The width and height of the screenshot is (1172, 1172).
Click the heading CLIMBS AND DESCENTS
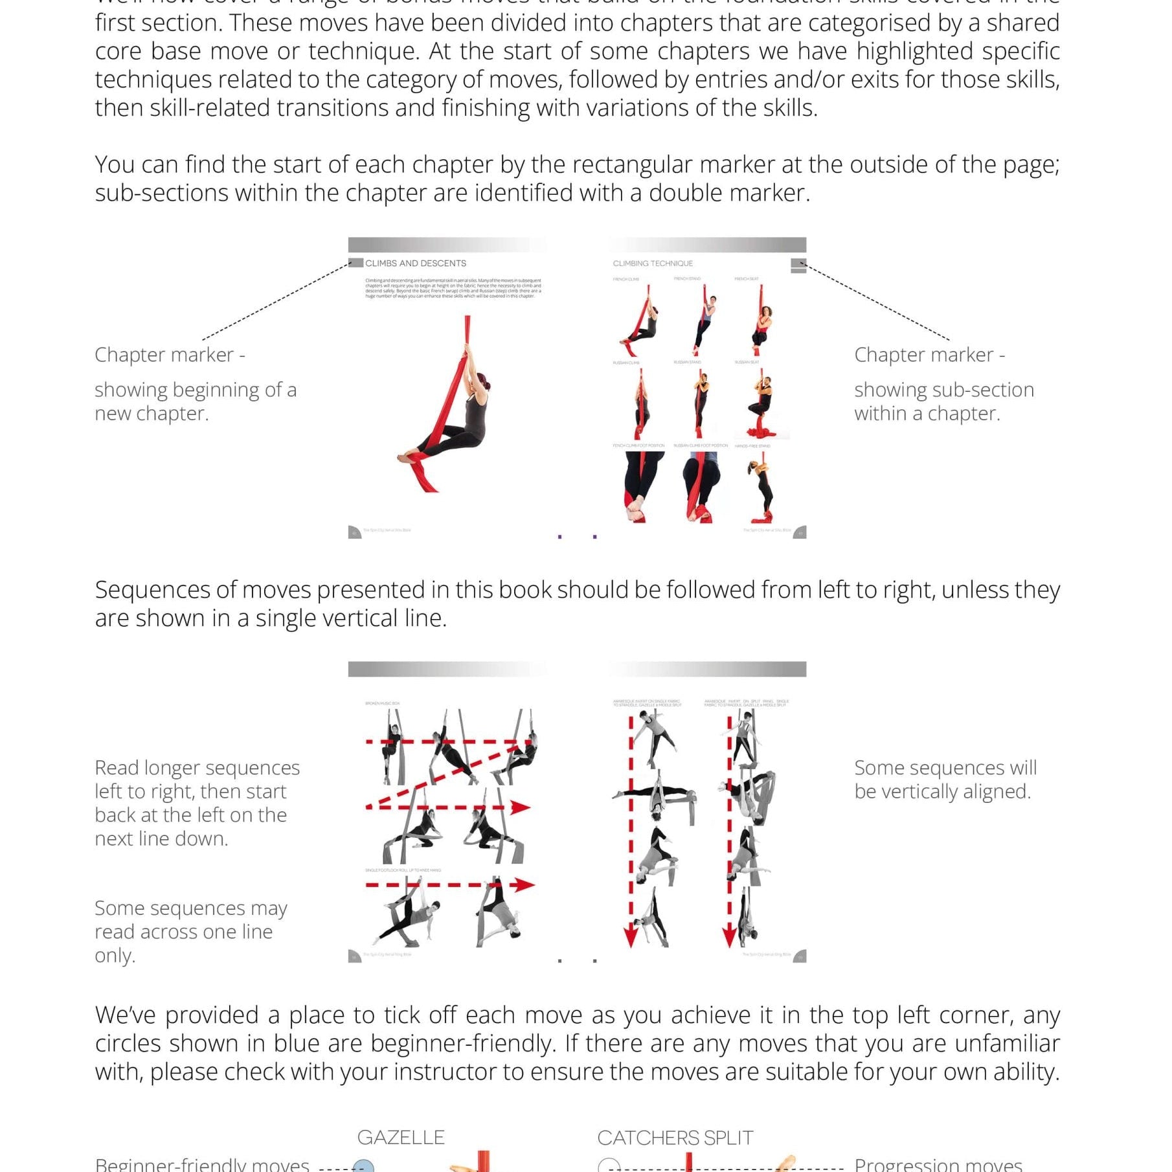415,263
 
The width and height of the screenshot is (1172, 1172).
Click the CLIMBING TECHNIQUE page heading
652,263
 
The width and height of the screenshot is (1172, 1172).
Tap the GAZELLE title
401,1138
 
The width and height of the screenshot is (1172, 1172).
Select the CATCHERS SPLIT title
675,1138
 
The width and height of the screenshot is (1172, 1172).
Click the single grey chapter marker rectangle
355,262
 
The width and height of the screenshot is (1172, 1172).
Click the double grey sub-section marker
798,266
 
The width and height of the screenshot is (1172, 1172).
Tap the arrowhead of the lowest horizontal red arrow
524,885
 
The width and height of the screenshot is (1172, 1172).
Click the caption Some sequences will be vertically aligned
945,779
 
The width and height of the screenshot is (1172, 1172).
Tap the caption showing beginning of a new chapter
195,401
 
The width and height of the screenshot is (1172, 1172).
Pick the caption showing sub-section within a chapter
943,401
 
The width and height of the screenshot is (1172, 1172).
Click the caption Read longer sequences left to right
197,803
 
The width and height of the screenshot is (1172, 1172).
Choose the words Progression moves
938,1164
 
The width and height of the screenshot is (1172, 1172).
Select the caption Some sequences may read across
190,931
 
